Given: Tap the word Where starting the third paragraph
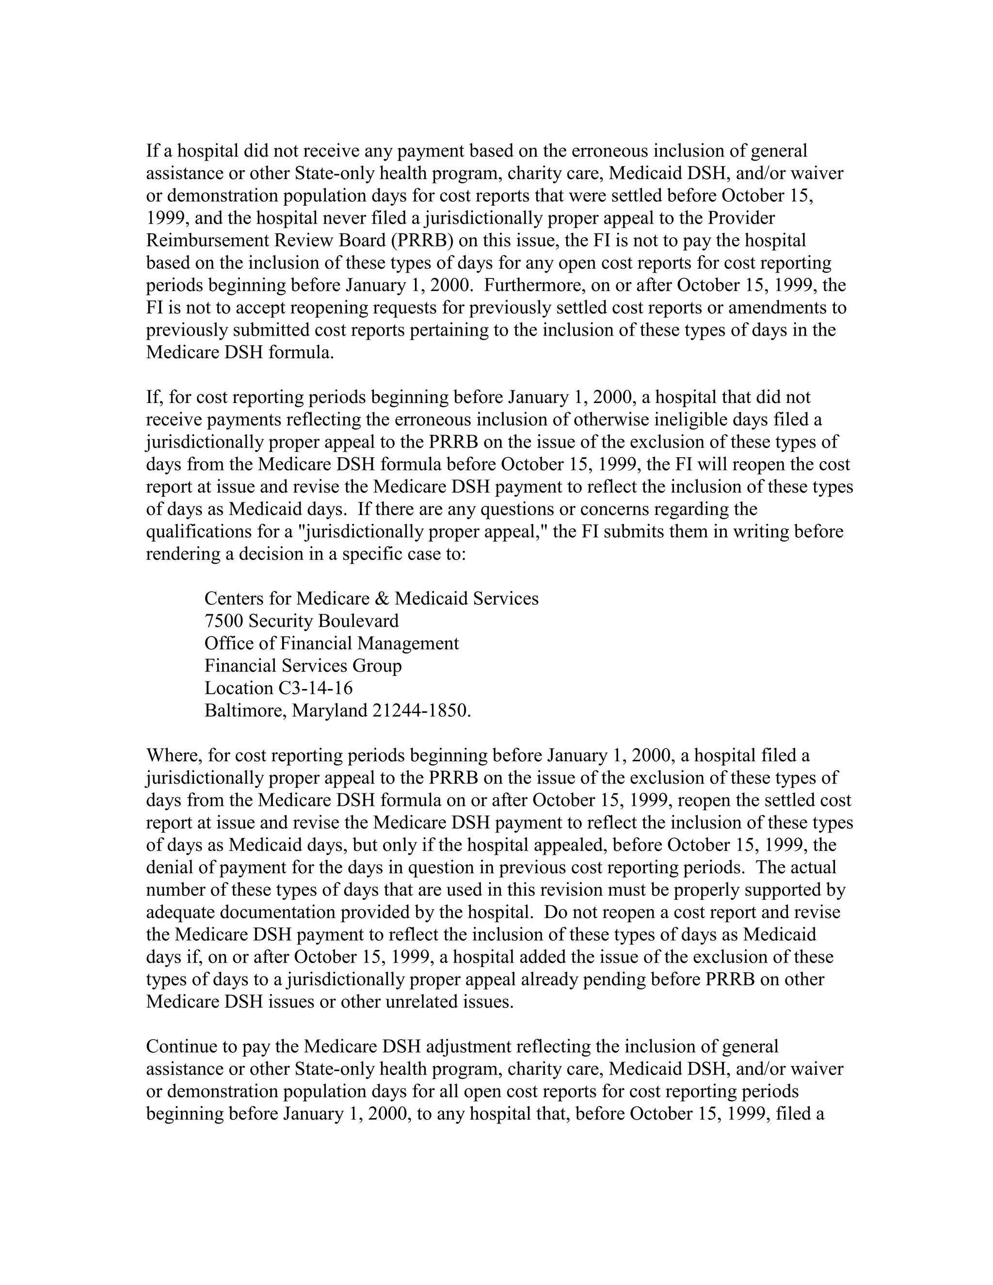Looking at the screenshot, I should [x=174, y=755].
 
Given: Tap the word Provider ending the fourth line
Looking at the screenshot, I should [x=741, y=218].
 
